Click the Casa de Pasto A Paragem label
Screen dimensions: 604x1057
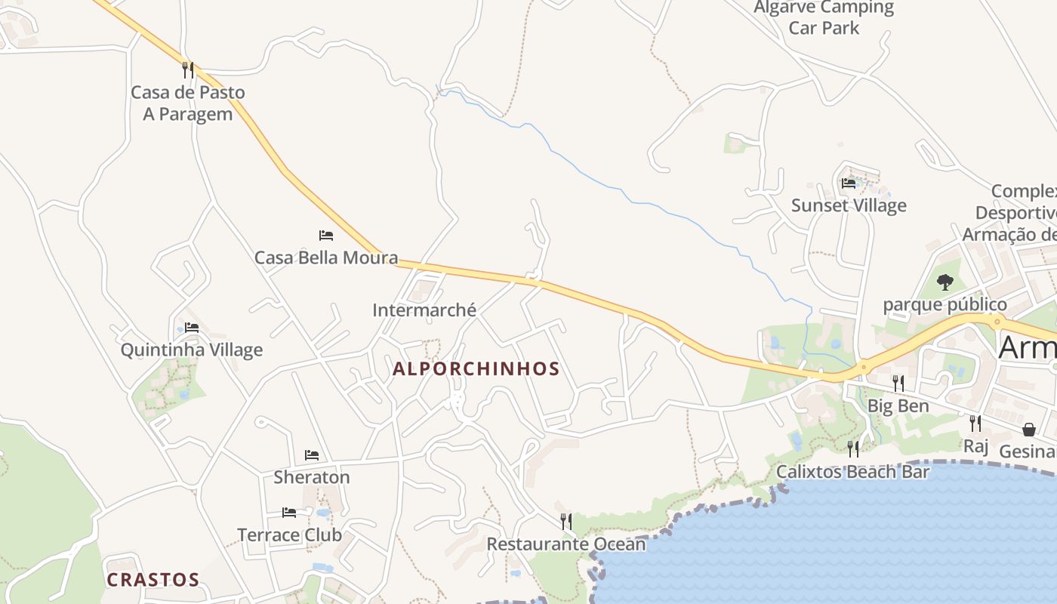pyautogui.click(x=188, y=103)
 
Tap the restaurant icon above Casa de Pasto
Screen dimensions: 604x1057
pyautogui.click(x=188, y=70)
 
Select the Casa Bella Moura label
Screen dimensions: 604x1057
pyautogui.click(x=326, y=257)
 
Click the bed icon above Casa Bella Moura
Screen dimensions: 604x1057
pyautogui.click(x=326, y=236)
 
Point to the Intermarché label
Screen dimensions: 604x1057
pyautogui.click(x=424, y=310)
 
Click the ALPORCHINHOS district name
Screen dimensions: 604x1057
pyautogui.click(x=476, y=369)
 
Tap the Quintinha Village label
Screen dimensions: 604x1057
pyautogui.click(x=192, y=350)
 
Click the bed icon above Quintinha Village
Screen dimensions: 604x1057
pyautogui.click(x=192, y=328)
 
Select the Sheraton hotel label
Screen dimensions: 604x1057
pyautogui.click(x=312, y=477)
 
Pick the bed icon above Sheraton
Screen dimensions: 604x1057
pyautogui.click(x=312, y=455)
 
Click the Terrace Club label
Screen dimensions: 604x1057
pyautogui.click(x=290, y=535)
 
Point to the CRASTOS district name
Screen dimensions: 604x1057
pyautogui.click(x=153, y=580)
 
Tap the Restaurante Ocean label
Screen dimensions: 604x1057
pyautogui.click(x=566, y=544)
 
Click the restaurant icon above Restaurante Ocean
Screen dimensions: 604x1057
pyautogui.click(x=566, y=522)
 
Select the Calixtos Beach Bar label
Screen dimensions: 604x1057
pyautogui.click(x=853, y=472)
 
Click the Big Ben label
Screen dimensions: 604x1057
pyautogui.click(x=898, y=406)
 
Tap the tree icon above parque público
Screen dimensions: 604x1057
pyautogui.click(x=945, y=283)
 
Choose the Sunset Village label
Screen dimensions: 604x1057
pyautogui.click(x=849, y=205)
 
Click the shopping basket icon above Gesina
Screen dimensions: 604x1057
pyautogui.click(x=1029, y=430)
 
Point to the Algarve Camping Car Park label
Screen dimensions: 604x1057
pyautogui.click(x=824, y=18)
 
